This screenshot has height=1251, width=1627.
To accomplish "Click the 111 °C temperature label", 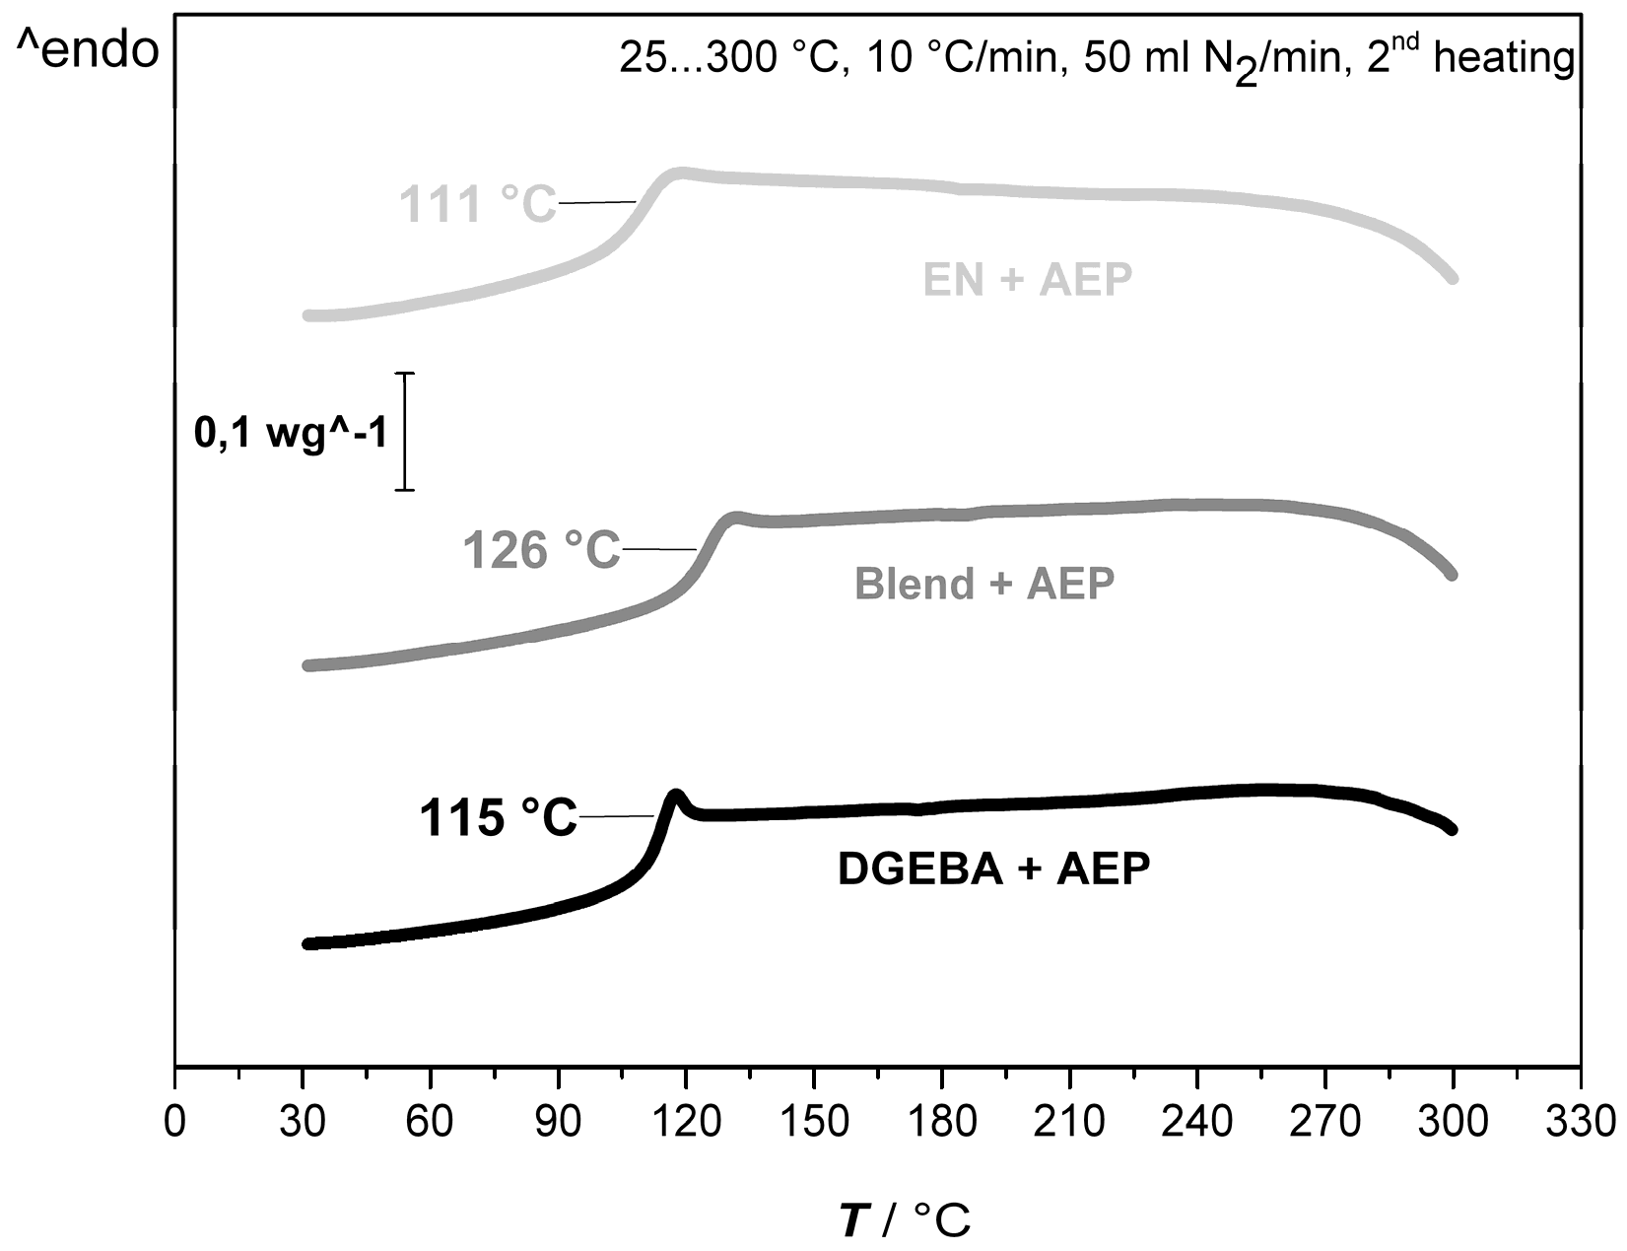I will [x=478, y=204].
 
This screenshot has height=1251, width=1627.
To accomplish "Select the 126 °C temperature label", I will [x=542, y=550].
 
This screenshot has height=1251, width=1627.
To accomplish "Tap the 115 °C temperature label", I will [x=499, y=818].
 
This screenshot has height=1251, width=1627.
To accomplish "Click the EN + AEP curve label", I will [x=1027, y=280].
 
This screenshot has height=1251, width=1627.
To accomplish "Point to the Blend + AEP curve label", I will [x=984, y=584].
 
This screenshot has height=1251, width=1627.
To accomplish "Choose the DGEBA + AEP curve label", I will [x=993, y=869].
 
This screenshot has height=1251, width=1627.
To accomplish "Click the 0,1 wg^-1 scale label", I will [x=291, y=433].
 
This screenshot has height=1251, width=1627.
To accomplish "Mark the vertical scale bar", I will [x=405, y=432].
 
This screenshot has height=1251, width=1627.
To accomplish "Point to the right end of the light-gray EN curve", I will [x=1452, y=278].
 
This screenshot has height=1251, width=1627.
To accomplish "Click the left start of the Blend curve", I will [x=308, y=665].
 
